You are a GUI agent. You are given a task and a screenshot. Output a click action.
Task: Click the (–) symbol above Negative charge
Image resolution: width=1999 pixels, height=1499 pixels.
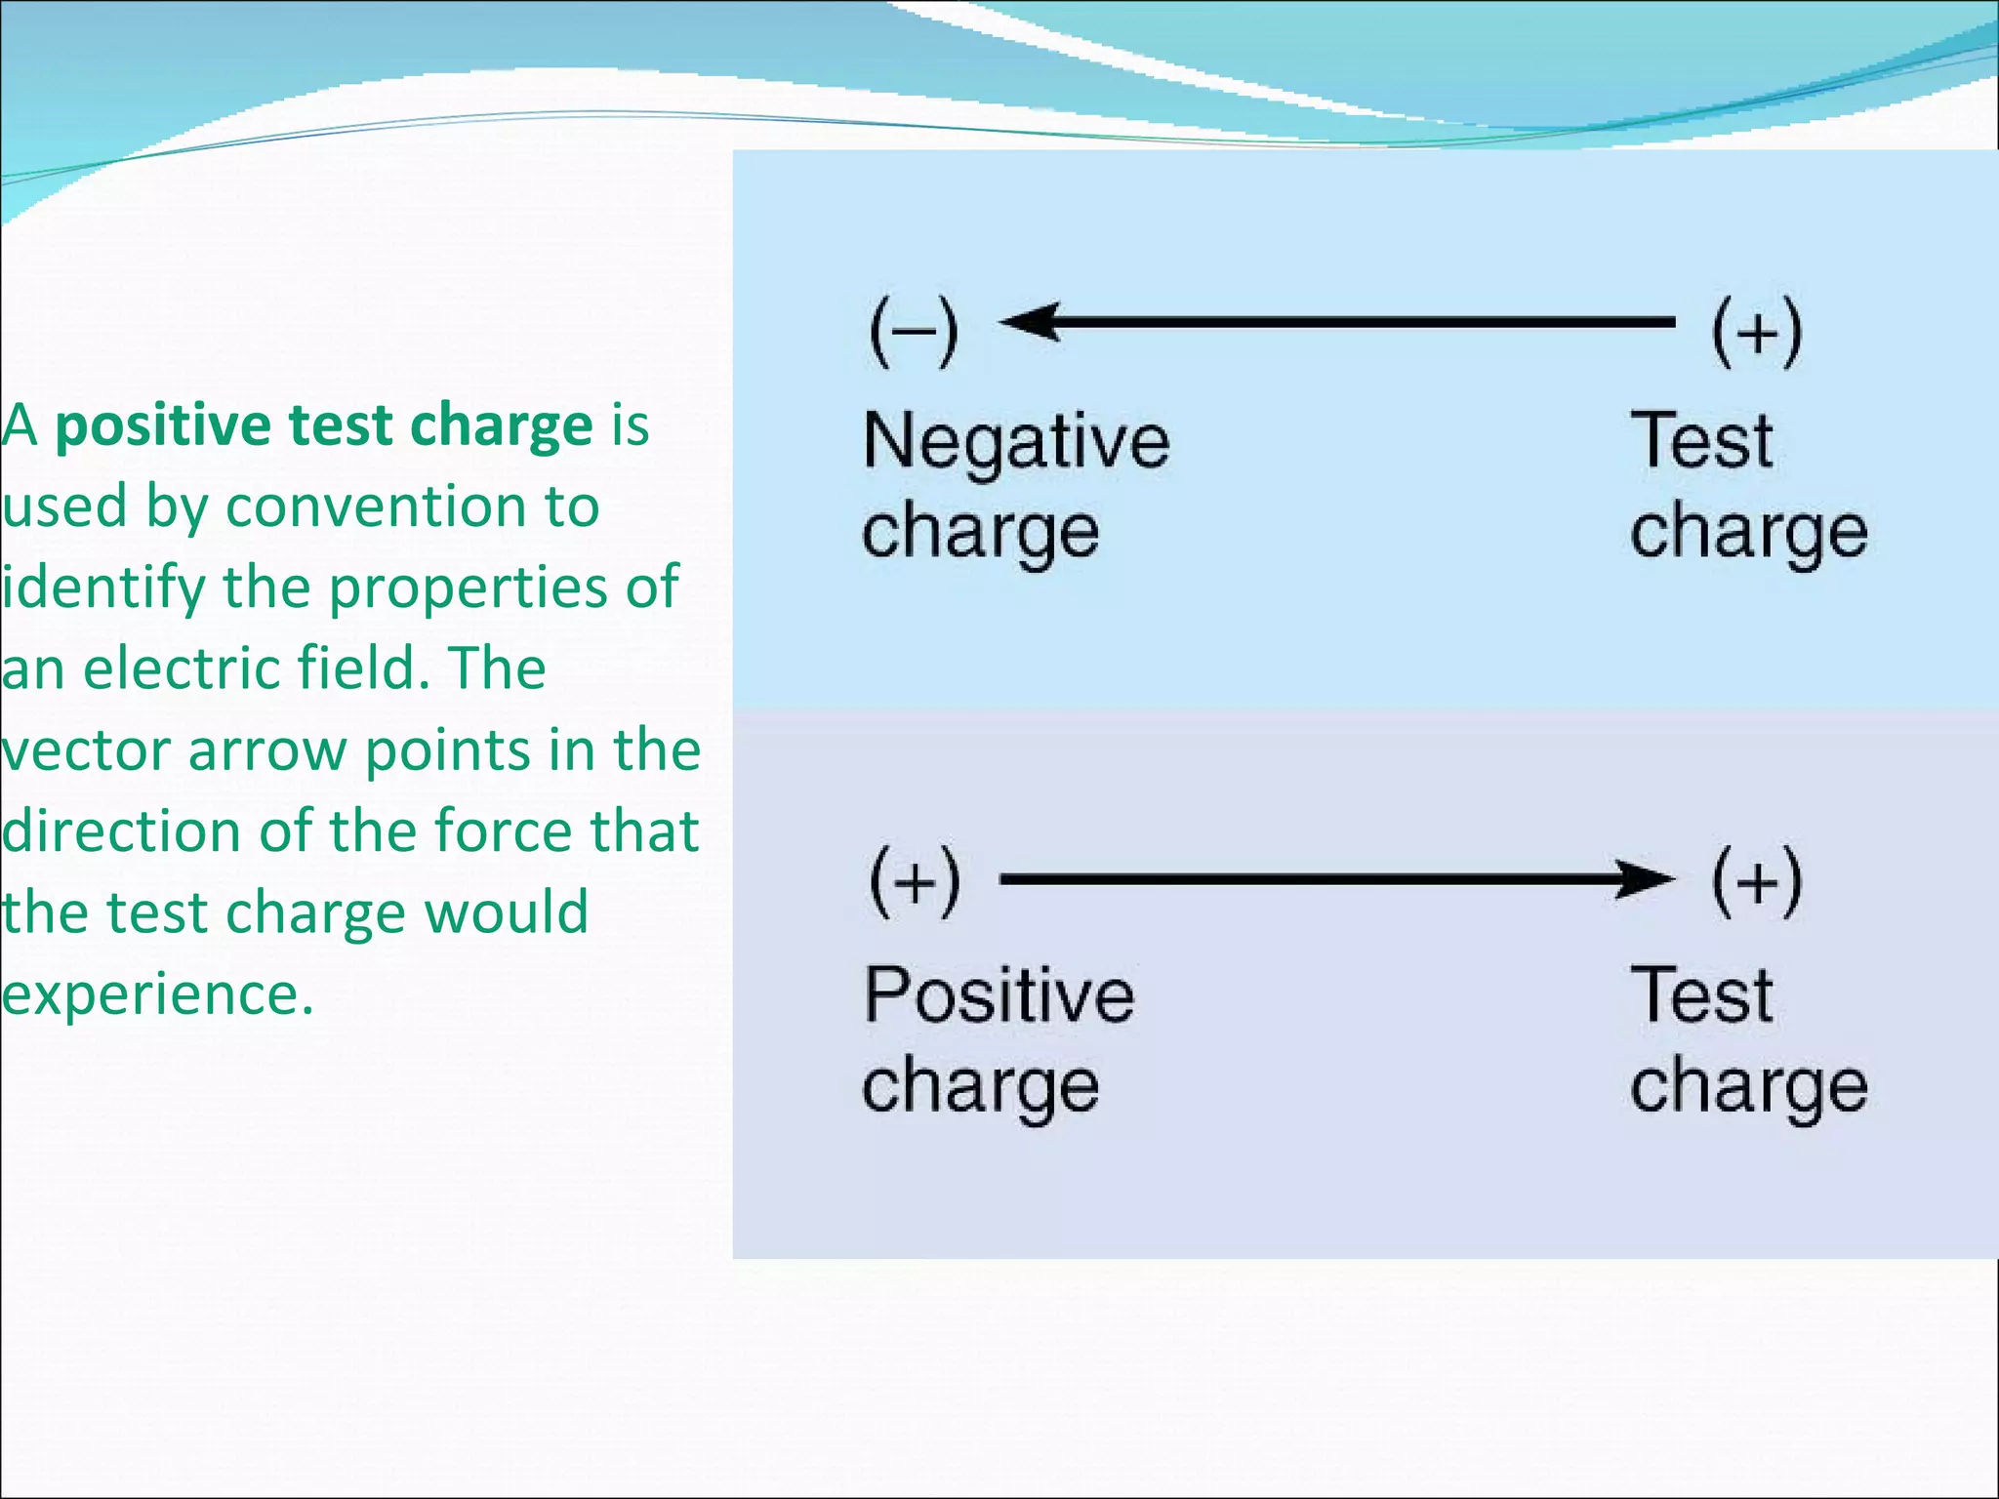tap(914, 332)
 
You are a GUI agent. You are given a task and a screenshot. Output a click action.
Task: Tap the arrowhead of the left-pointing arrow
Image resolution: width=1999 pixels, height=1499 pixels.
tap(1031, 321)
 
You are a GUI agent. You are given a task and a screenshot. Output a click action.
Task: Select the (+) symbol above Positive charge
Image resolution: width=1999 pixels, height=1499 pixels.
tap(915, 882)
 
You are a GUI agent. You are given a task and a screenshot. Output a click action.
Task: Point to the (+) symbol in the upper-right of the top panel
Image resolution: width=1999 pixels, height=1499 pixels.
tap(1757, 332)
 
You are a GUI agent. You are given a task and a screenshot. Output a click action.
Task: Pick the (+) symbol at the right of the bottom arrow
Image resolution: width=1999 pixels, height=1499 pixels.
tap(1757, 882)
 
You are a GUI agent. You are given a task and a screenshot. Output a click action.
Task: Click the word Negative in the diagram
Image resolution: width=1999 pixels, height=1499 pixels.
tap(1015, 442)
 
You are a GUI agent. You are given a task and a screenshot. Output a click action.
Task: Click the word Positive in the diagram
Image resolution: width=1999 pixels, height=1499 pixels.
tap(999, 995)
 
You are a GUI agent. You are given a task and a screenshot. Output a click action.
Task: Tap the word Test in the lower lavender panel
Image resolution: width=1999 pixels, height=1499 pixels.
tap(1701, 994)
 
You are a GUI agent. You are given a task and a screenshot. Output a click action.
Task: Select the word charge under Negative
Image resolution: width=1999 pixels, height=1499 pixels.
tap(980, 533)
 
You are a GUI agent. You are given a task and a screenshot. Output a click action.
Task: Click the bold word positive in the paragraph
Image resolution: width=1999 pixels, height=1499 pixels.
tap(162, 427)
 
